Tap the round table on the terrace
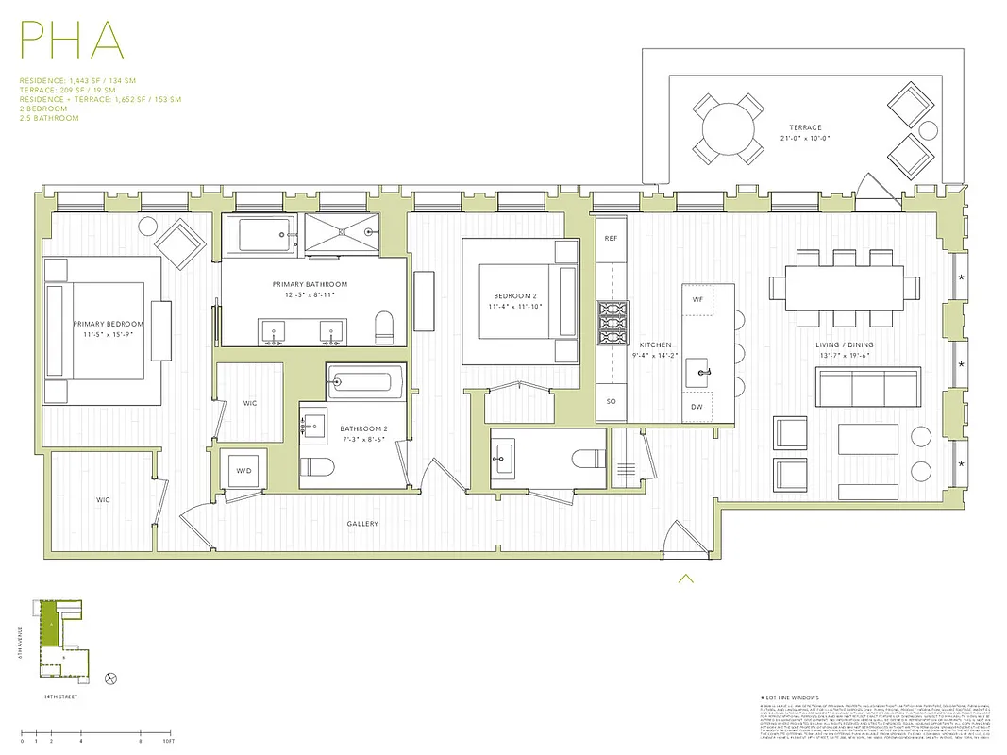pos(728,127)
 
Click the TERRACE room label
pos(805,127)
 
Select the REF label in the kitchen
pos(611,239)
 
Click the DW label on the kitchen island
pos(697,407)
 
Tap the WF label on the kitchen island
pos(697,299)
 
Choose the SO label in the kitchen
pos(611,401)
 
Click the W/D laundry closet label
pos(243,469)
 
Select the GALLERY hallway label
pos(361,524)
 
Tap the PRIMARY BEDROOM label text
pos(102,324)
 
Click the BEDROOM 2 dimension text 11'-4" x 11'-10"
pos(514,307)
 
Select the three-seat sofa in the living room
pos(867,386)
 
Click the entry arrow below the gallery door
pos(686,579)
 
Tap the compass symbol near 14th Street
pos(111,678)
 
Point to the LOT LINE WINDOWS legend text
pos(797,696)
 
